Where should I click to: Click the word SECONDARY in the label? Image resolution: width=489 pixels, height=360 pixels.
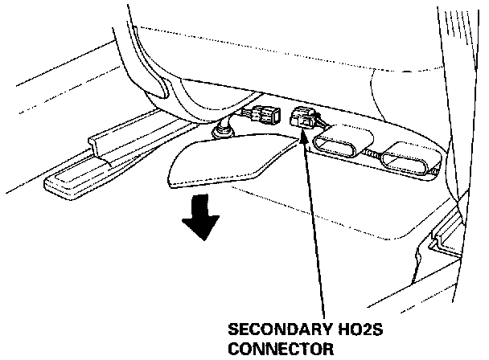[267, 330]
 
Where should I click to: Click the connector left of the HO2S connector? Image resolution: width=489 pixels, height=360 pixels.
[261, 115]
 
